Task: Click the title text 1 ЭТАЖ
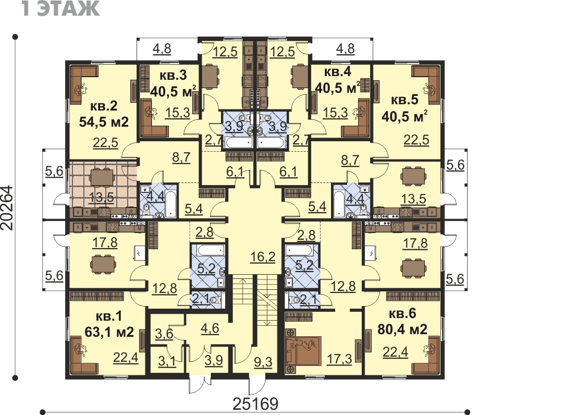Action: pos(60,9)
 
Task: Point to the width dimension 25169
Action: pos(255,404)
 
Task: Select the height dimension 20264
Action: pos(7,207)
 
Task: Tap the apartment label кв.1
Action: pos(109,316)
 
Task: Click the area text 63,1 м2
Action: pos(109,331)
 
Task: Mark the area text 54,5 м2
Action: pos(104,121)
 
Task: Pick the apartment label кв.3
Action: pos(173,76)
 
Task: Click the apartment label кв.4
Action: pos(338,72)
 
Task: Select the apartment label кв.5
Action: pos(404,100)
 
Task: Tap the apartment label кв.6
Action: pos(402,314)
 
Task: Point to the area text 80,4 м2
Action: pos(402,329)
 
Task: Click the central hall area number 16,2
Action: pos(263,257)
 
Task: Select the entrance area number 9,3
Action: pos(263,362)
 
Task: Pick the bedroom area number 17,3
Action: pos(339,359)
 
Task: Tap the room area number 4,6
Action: pos(210,328)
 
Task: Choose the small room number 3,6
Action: pos(164,334)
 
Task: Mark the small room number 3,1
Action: pos(167,361)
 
